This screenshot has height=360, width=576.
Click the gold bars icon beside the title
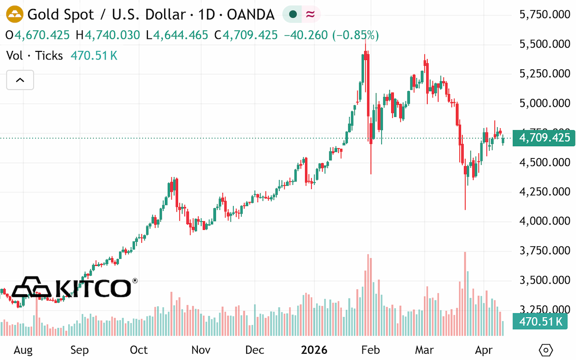15,14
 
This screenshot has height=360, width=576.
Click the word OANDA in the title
251,14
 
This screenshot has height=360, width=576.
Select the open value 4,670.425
42,35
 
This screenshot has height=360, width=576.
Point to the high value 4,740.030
112,35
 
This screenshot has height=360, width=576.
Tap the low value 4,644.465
180,35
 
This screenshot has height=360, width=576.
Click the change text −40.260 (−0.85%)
331,35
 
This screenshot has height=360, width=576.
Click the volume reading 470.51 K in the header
94,56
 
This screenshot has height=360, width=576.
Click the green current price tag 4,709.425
544,138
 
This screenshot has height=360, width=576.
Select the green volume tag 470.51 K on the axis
540,322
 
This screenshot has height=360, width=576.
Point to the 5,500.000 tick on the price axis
545,44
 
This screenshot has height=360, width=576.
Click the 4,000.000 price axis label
545,221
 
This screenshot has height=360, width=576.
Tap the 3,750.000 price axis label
545,251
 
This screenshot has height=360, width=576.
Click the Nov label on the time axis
201,350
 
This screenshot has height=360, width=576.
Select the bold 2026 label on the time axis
314,350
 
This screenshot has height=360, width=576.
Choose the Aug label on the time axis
23,350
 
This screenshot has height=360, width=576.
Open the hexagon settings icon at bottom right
546,350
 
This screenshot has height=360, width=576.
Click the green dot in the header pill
293,14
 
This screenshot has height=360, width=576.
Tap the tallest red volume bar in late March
465,294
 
